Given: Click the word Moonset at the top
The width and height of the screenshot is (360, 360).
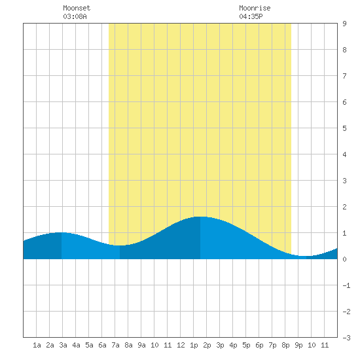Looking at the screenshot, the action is coord(77,8).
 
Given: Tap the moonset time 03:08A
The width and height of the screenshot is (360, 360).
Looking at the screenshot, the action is coord(75,16).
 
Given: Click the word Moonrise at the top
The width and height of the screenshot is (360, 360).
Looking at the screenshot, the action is coord(255,8).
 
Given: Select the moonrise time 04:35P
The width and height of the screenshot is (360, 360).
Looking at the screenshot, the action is coord(251,16).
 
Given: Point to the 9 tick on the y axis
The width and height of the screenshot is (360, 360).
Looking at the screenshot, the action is coord(344,24).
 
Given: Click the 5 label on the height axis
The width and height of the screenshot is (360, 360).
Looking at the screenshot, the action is coord(344,128).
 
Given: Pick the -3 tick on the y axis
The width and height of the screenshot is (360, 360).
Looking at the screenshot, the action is coord(346,338).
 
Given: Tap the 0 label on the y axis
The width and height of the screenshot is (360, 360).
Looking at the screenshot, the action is coord(344,259).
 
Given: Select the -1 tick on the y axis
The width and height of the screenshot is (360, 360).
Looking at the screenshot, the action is coord(346,285).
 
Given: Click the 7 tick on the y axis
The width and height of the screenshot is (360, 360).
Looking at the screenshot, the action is coord(344,76).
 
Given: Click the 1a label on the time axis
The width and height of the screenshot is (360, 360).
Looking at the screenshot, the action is coord(37,345).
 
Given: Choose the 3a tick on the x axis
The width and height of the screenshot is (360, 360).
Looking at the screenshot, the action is coord(63,345).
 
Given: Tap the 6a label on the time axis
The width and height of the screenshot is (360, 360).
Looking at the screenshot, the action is coord(102,345).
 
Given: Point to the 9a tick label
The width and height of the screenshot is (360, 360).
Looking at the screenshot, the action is coord(141,345).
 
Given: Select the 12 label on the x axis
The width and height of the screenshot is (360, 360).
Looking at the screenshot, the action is coord(181,345).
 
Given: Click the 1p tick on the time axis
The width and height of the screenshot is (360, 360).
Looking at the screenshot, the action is coord(194,345).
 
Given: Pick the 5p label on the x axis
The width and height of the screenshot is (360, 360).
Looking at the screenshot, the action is coord(246,345).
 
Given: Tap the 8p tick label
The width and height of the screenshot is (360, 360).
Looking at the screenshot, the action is coord(285,345).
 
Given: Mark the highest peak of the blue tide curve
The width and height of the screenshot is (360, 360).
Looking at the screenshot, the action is coord(200,217).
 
